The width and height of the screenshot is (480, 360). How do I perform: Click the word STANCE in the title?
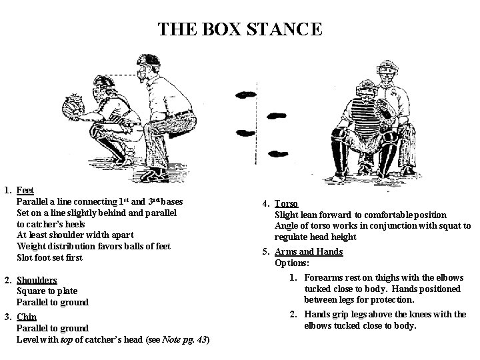click(283, 30)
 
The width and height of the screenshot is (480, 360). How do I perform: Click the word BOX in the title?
click(217, 30)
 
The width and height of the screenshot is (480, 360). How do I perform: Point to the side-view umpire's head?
click(148, 67)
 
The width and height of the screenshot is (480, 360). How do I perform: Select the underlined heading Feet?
click(25, 191)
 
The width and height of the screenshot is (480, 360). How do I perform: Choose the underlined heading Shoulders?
click(37, 280)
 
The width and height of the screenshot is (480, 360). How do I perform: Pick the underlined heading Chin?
click(26, 317)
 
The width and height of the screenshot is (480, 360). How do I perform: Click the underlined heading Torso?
click(287, 204)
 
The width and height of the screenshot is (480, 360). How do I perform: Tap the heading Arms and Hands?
click(309, 251)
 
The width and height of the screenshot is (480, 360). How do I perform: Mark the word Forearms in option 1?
click(325, 277)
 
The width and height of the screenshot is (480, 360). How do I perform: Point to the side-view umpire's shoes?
click(157, 175)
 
